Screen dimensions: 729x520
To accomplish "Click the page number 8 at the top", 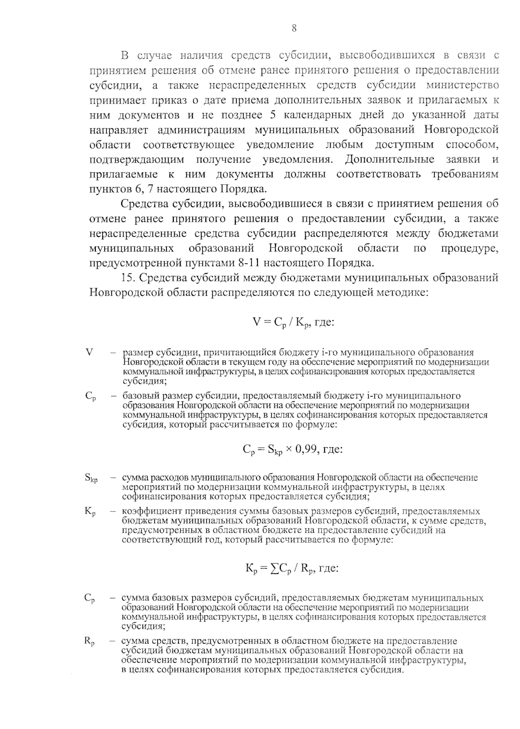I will pyautogui.click(x=294, y=29).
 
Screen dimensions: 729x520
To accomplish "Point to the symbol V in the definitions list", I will pyautogui.click(x=90, y=352).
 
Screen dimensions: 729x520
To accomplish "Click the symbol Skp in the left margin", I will pyautogui.click(x=91, y=478).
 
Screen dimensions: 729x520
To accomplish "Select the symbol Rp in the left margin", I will pyautogui.click(x=89, y=641).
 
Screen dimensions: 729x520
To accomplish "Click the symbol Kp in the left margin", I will pyautogui.click(x=90, y=512).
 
